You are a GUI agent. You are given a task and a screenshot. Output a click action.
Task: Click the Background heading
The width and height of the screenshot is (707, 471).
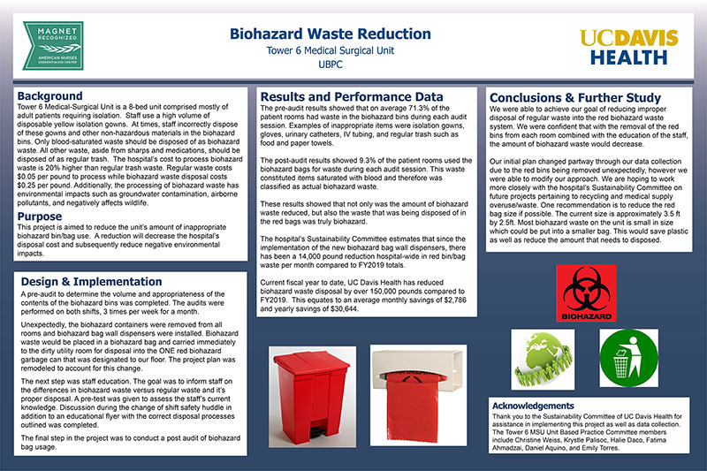pyautogui.click(x=50, y=95)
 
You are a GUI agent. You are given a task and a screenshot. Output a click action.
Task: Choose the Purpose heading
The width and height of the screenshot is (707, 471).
pyautogui.click(x=40, y=216)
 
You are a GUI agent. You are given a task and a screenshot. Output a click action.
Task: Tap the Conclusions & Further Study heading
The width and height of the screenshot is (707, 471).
pyautogui.click(x=574, y=97)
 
